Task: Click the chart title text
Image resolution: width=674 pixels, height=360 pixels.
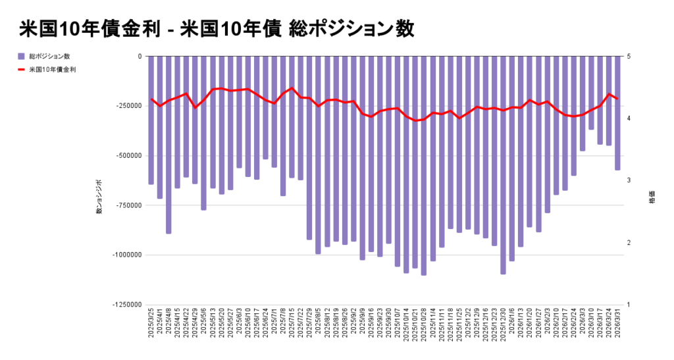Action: (217, 29)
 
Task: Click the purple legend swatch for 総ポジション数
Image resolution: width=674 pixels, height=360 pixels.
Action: (22, 56)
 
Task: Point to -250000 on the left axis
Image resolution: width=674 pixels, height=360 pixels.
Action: (129, 106)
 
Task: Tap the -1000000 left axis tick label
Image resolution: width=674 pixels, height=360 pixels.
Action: (127, 255)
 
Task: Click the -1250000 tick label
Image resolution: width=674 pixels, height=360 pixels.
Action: (127, 305)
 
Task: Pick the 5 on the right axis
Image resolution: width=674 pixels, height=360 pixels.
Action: (630, 57)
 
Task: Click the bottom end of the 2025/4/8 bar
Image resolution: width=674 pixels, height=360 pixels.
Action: (168, 233)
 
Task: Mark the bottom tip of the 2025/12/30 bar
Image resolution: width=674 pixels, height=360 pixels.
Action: (504, 273)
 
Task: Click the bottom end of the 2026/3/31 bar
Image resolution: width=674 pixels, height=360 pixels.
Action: (617, 170)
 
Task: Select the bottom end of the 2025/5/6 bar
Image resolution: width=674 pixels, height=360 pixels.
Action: (204, 209)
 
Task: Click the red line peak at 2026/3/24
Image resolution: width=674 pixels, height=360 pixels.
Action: (609, 94)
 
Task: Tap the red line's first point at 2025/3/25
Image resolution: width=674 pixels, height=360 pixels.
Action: (151, 99)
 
